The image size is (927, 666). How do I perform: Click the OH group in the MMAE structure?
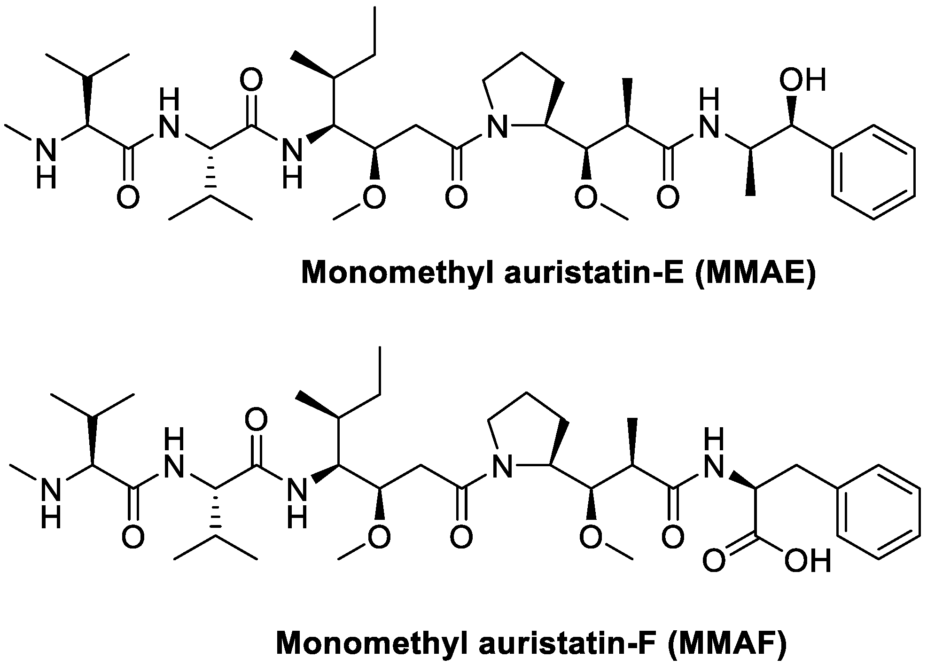[802, 80]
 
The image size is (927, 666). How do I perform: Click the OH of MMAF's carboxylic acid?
[808, 561]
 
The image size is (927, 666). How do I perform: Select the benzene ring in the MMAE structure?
[873, 172]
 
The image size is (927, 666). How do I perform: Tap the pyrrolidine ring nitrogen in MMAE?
[497, 127]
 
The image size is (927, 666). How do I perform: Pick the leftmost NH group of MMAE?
[46, 160]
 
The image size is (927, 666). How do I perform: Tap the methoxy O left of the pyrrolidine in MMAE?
[374, 198]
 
